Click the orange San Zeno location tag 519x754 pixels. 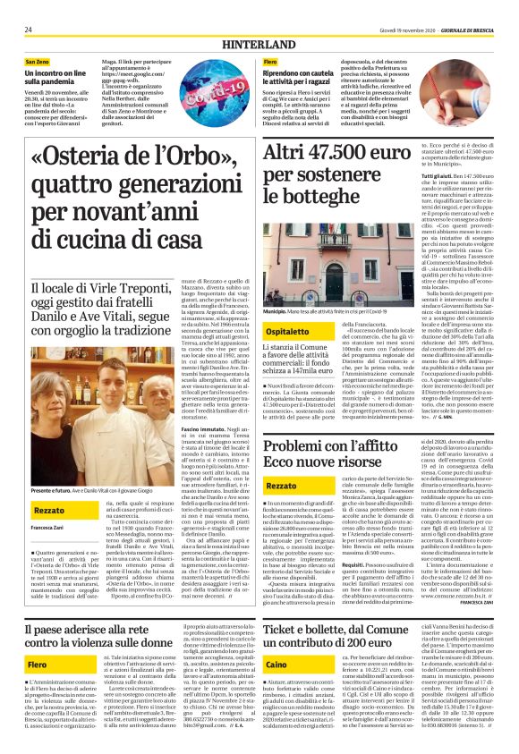38,60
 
